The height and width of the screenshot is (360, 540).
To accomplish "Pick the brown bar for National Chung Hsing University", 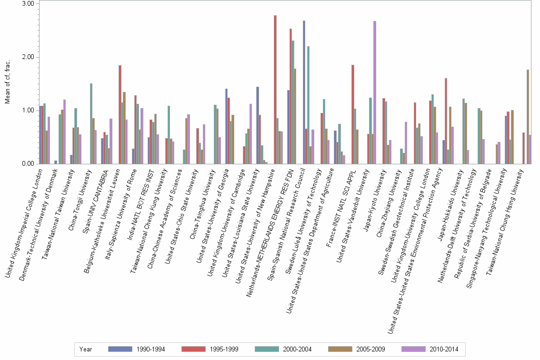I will tap(528, 117).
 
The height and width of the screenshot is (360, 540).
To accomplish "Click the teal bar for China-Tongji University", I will tap(91, 124).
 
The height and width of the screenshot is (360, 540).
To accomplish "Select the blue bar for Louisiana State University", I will tap(258, 125).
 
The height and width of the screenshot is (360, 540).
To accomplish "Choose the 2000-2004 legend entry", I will tap(283, 349).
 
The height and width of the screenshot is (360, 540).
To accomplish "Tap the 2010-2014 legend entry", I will tap(430, 349).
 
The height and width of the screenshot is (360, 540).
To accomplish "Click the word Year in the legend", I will tap(86, 349).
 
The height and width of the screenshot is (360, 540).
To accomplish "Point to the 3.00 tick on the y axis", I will tap(29, 4).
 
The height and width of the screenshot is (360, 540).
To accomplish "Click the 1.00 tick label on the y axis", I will tap(29, 110).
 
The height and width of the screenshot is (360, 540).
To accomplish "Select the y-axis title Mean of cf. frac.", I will tap(7, 84).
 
